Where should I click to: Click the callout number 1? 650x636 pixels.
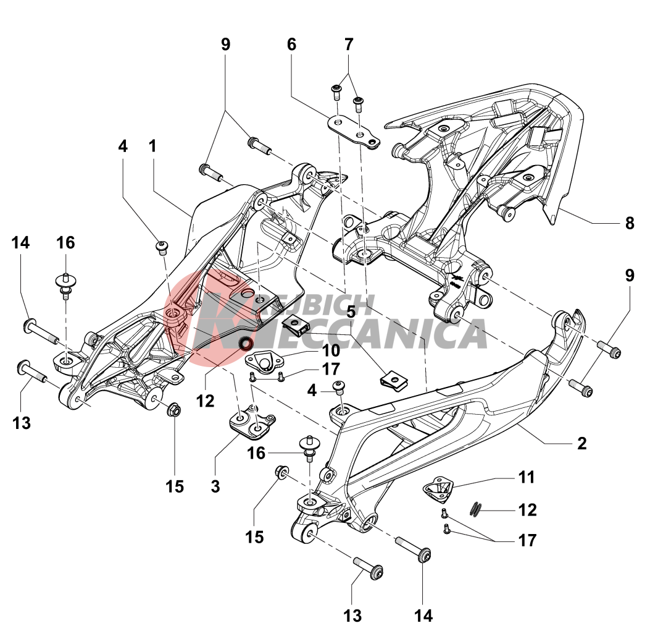152,146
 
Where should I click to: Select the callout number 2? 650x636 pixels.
581,443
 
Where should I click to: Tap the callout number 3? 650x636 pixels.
215,486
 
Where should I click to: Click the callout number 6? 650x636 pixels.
291,45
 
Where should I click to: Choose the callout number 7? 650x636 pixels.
349,45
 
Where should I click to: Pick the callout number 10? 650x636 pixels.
331,350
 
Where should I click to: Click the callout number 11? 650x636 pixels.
527,477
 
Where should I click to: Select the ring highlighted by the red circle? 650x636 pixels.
246,344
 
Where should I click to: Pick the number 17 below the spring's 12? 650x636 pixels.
527,540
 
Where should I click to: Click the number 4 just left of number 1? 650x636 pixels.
123,146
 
